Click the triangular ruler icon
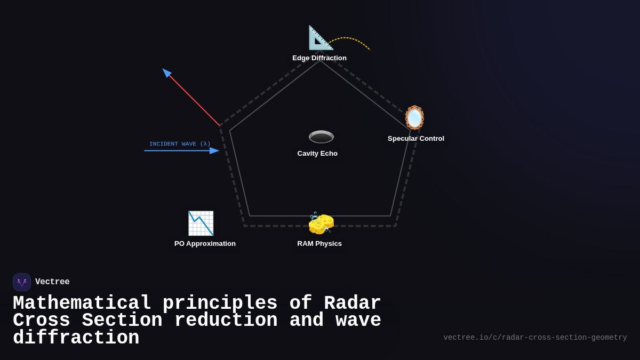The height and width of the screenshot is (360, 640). pos(321,38)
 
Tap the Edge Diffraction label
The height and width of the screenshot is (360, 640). pos(319,58)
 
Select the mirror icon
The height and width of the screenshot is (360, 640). pos(414,118)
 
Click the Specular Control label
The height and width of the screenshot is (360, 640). pos(416,139)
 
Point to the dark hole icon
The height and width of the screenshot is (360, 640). pos(321,137)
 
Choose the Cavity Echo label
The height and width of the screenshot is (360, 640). pos(317,154)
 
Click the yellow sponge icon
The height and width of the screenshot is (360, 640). pos(321,223)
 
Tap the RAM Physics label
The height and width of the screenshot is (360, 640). pos(319,244)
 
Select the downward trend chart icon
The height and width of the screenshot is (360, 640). pos(201,223)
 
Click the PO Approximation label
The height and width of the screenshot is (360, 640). pos(205,244)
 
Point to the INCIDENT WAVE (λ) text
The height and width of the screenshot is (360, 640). pos(180,144)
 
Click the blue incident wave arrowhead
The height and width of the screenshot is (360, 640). pos(214,151)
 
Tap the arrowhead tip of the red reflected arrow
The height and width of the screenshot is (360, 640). pos(165,71)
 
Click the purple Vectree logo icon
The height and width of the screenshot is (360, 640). pos(22,282)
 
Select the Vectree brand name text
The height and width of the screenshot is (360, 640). pos(52,282)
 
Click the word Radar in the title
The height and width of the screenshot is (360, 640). pos(353,303)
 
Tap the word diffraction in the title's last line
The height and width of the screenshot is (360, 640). pos(76,338)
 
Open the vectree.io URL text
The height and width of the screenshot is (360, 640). pos(535,338)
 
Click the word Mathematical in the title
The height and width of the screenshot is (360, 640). pos(82,303)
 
